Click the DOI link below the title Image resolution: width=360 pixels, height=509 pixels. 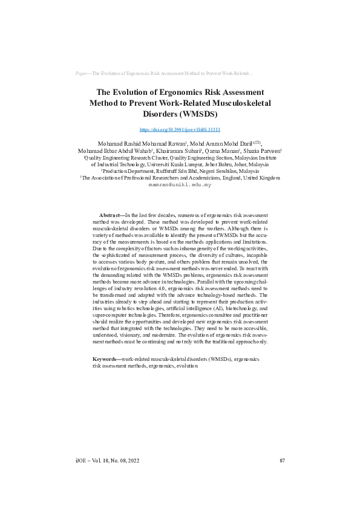coord(180,129)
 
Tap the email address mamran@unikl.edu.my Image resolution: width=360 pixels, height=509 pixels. coord(180,185)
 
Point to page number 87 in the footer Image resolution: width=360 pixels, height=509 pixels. coord(282,461)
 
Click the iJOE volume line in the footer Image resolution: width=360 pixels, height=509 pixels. coord(107,461)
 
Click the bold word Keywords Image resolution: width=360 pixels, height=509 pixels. coord(105,359)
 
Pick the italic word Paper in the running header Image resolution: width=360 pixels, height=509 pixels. coord(82,73)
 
